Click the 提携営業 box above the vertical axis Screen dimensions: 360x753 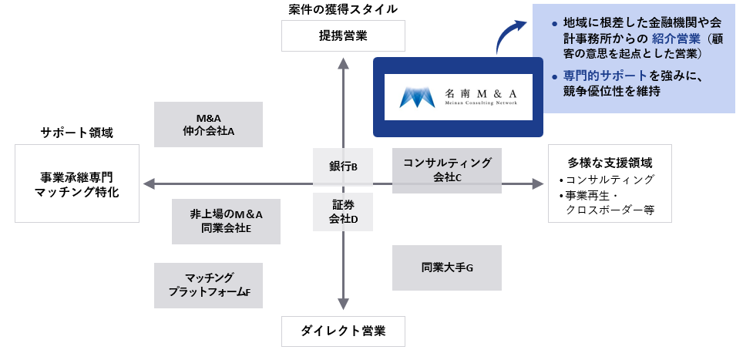point(343,35)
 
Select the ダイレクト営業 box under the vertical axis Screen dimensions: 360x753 point(343,331)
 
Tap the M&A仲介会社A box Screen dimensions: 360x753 point(209,125)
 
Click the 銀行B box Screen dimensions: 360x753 point(343,166)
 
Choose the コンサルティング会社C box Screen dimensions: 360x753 point(447,170)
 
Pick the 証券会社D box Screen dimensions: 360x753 point(343,212)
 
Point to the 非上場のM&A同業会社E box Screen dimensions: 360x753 point(226,221)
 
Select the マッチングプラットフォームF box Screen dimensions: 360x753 point(209,285)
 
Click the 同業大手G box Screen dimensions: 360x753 point(447,267)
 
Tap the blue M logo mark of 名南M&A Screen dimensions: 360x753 point(417,97)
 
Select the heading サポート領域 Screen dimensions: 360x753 point(77,133)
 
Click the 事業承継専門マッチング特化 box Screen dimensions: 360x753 point(77,183)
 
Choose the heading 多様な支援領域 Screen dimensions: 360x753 point(610,163)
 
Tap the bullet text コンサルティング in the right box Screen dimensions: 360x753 point(610,180)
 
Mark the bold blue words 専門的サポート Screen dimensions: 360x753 point(599,76)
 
